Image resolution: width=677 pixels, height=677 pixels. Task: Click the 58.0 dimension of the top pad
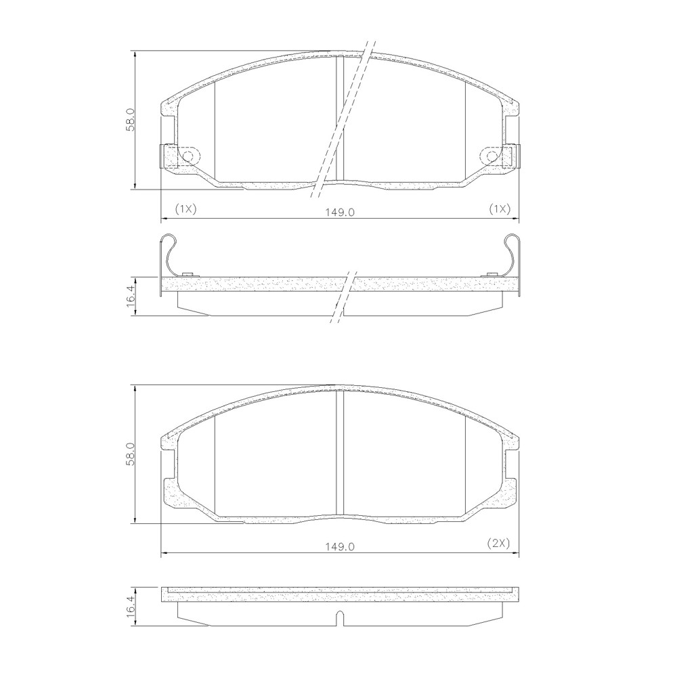tap(131, 120)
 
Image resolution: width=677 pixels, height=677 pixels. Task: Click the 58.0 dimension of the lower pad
tap(131, 454)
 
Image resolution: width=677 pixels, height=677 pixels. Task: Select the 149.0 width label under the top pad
tap(340, 213)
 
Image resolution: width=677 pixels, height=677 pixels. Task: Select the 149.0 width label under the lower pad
tap(340, 546)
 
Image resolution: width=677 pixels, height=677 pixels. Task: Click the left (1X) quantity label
tap(185, 209)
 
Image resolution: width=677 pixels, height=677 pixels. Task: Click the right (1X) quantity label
tap(500, 209)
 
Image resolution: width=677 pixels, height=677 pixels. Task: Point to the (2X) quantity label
tap(499, 543)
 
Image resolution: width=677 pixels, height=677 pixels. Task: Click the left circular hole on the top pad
tap(189, 156)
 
